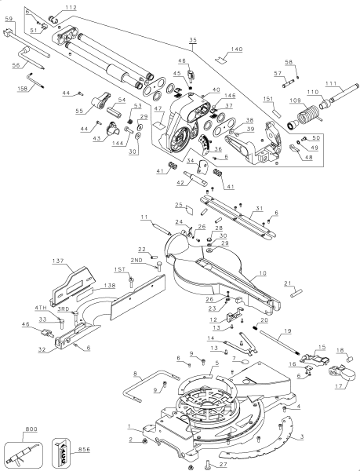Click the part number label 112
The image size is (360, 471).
tap(71, 8)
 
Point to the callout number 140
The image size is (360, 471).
tap(236, 49)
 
